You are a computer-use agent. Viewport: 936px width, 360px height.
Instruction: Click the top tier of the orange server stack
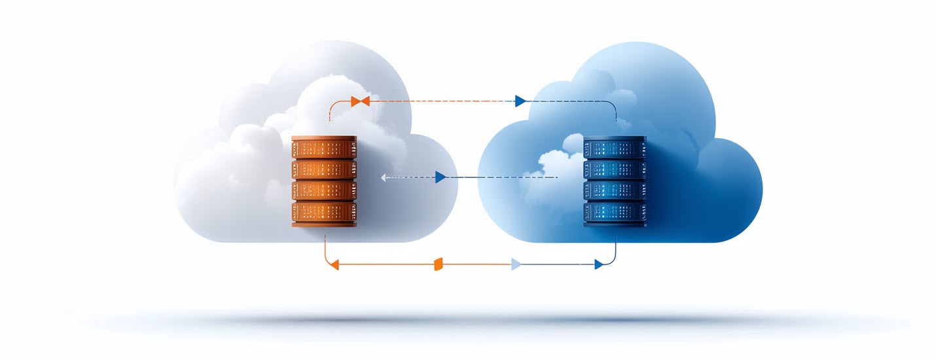[x=324, y=148]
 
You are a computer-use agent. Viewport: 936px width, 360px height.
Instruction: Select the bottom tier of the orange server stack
[x=324, y=214]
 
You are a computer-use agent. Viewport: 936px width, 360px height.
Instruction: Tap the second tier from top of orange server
[x=324, y=170]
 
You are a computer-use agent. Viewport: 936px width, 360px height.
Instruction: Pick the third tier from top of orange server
[x=324, y=191]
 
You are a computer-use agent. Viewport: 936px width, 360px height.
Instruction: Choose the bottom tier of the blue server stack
[x=615, y=213]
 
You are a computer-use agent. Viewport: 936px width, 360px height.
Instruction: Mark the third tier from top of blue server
[x=615, y=190]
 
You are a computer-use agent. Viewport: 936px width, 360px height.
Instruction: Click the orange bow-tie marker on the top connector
[x=360, y=101]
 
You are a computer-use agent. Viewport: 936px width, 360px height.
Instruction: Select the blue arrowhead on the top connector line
[x=520, y=101]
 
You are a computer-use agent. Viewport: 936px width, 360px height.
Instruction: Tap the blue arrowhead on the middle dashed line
[x=440, y=177]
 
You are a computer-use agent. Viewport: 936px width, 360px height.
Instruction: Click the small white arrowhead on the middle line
[x=384, y=177]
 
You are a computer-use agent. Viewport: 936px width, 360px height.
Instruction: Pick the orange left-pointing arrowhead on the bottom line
[x=334, y=264]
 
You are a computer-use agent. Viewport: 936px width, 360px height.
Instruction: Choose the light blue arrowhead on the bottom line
[x=516, y=264]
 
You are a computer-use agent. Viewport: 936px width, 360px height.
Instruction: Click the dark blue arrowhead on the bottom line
[x=598, y=264]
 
